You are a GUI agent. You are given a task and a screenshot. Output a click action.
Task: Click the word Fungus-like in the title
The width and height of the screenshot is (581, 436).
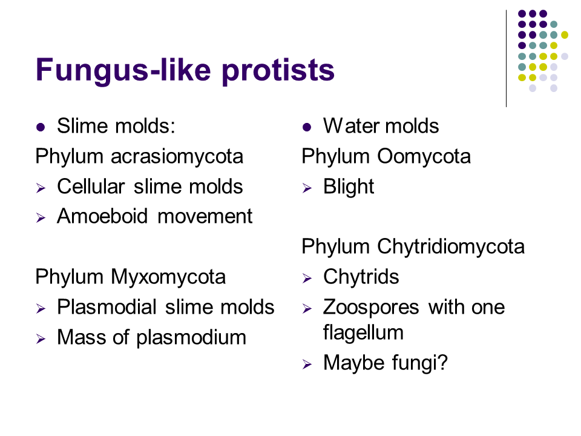[123, 70]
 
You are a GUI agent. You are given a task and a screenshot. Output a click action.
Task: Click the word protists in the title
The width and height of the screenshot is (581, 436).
[278, 70]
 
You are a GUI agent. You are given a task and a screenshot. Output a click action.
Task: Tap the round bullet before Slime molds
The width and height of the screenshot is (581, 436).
[41, 128]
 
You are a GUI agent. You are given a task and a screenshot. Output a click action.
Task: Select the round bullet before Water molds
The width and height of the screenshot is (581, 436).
[307, 128]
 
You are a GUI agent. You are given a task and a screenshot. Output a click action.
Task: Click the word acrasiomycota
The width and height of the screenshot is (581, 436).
[177, 156]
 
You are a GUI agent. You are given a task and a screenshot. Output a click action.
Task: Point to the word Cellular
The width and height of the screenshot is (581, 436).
[91, 186]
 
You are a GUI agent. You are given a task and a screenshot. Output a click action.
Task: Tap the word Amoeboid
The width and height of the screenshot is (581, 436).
[102, 216]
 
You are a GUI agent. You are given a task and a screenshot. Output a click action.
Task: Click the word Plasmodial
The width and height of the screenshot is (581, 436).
[107, 307]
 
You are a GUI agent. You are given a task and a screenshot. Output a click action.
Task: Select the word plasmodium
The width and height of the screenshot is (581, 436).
[191, 338]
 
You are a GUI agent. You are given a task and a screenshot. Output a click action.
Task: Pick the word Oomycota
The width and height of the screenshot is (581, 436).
[424, 156]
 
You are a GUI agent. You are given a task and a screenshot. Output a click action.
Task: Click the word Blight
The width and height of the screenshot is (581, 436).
[349, 187]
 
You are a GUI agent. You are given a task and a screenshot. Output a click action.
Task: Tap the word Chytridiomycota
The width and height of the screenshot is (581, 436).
[450, 246]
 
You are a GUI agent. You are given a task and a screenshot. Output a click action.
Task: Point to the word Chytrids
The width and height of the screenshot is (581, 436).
[361, 277]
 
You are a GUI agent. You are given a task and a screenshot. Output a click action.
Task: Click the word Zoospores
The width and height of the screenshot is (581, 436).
[371, 308]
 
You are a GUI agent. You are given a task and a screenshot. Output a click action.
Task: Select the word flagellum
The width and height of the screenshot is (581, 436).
[363, 332]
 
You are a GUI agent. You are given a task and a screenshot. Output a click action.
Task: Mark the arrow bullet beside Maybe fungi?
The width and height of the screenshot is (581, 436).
[307, 365]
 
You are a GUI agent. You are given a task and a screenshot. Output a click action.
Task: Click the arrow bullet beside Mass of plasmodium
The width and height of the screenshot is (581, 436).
[41, 339]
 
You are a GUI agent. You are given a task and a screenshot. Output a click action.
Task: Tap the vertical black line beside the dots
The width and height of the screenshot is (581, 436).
[506, 59]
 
